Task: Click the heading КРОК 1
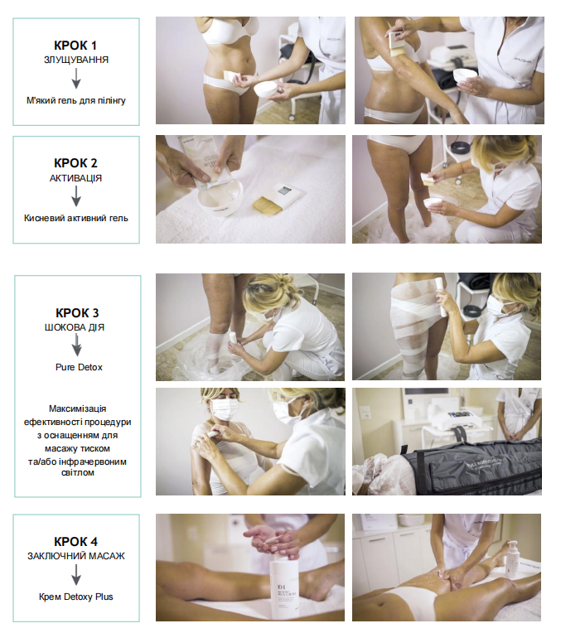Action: point(76,46)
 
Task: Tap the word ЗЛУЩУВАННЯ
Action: point(76,60)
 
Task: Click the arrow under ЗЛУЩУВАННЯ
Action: point(76,79)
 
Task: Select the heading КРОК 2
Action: point(76,163)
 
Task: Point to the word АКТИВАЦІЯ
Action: point(76,178)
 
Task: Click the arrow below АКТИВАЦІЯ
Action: point(76,196)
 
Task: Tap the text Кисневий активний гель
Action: point(76,219)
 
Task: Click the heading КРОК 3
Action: point(77,313)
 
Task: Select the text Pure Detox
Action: point(79,367)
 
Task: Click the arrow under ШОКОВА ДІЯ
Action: point(77,346)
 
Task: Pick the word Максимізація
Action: point(78,408)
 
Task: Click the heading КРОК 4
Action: point(76,541)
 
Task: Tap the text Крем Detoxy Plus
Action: point(76,597)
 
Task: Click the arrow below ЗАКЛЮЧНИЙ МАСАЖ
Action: point(76,575)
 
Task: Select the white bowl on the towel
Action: point(221,197)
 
